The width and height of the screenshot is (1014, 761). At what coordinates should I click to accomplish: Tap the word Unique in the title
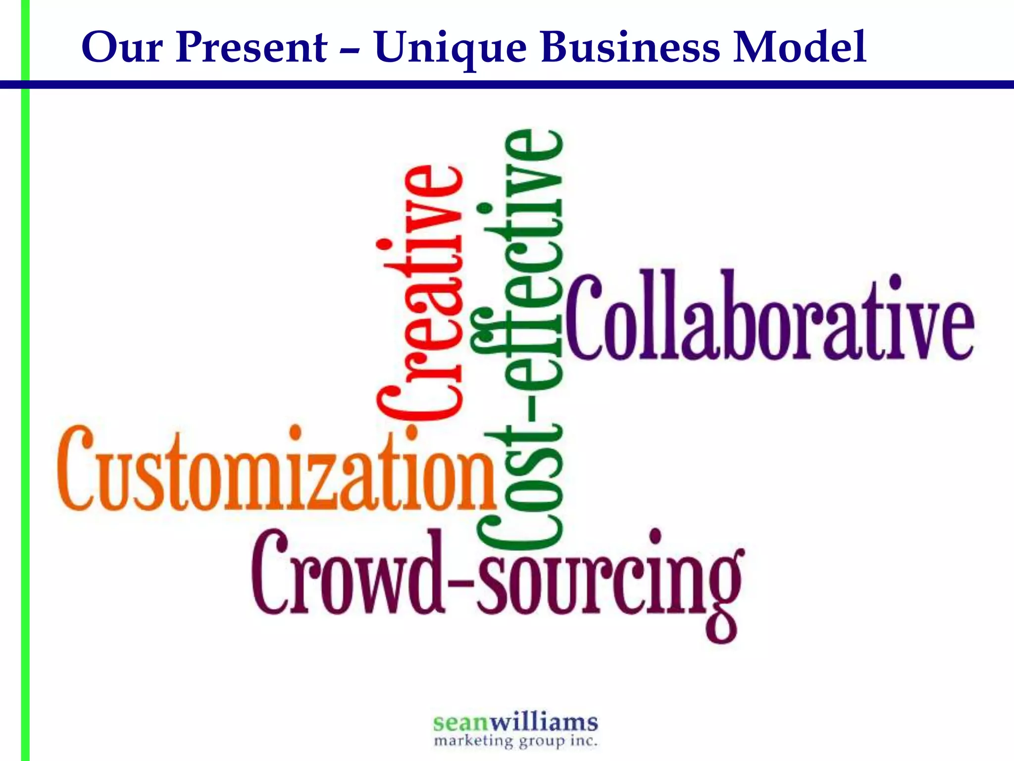(x=450, y=49)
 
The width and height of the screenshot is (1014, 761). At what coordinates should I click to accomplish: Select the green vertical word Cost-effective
(x=520, y=342)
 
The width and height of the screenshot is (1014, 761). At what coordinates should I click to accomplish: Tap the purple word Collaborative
(x=770, y=317)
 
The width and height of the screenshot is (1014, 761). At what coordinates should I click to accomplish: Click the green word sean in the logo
(x=460, y=723)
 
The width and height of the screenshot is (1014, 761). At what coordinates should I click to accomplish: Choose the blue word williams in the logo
(x=544, y=722)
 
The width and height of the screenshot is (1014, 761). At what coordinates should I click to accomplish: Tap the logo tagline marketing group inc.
(x=515, y=741)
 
